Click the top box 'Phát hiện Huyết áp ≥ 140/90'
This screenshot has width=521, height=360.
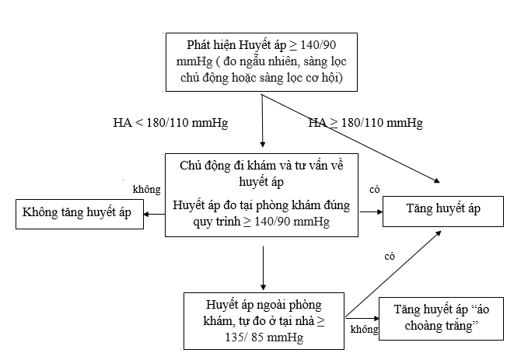point(262,60)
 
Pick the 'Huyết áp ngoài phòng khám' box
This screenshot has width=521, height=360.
point(264,320)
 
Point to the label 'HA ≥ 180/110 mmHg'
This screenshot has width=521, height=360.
point(365,123)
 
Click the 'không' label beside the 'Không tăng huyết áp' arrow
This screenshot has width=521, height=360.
point(146,189)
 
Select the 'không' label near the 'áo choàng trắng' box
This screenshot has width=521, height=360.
point(363,330)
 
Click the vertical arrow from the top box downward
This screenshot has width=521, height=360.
point(263,121)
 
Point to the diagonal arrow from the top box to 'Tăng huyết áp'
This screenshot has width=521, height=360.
point(350,138)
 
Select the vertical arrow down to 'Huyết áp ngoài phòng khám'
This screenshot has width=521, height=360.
point(263,265)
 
